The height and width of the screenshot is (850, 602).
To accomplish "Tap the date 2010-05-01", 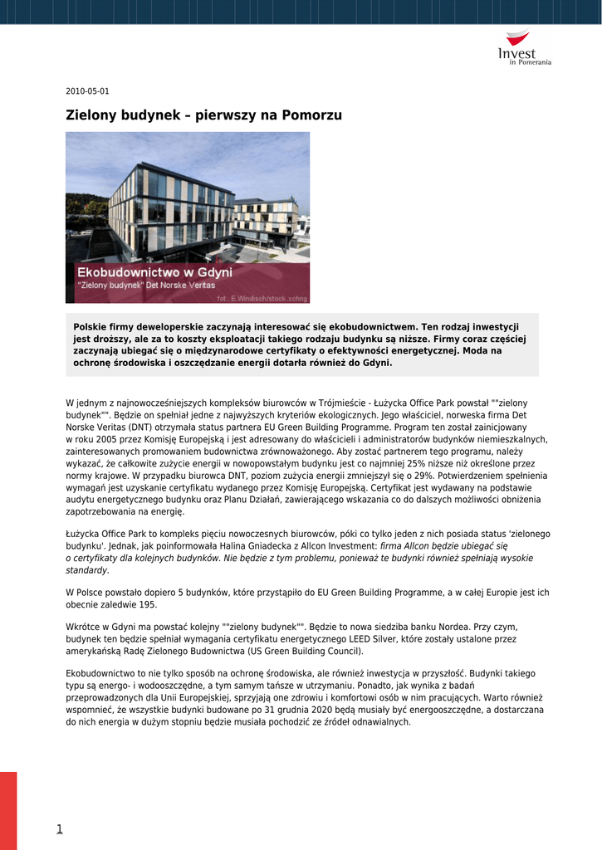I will (x=87, y=91).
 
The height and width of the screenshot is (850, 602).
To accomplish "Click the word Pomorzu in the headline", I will (x=311, y=115).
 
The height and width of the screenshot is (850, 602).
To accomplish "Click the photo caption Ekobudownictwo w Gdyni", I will (x=154, y=272).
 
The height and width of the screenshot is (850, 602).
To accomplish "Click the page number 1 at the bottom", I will (x=60, y=828).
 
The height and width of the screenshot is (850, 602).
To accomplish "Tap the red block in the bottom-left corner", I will (x=8, y=809).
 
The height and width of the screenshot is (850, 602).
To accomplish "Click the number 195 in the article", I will (x=148, y=605).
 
